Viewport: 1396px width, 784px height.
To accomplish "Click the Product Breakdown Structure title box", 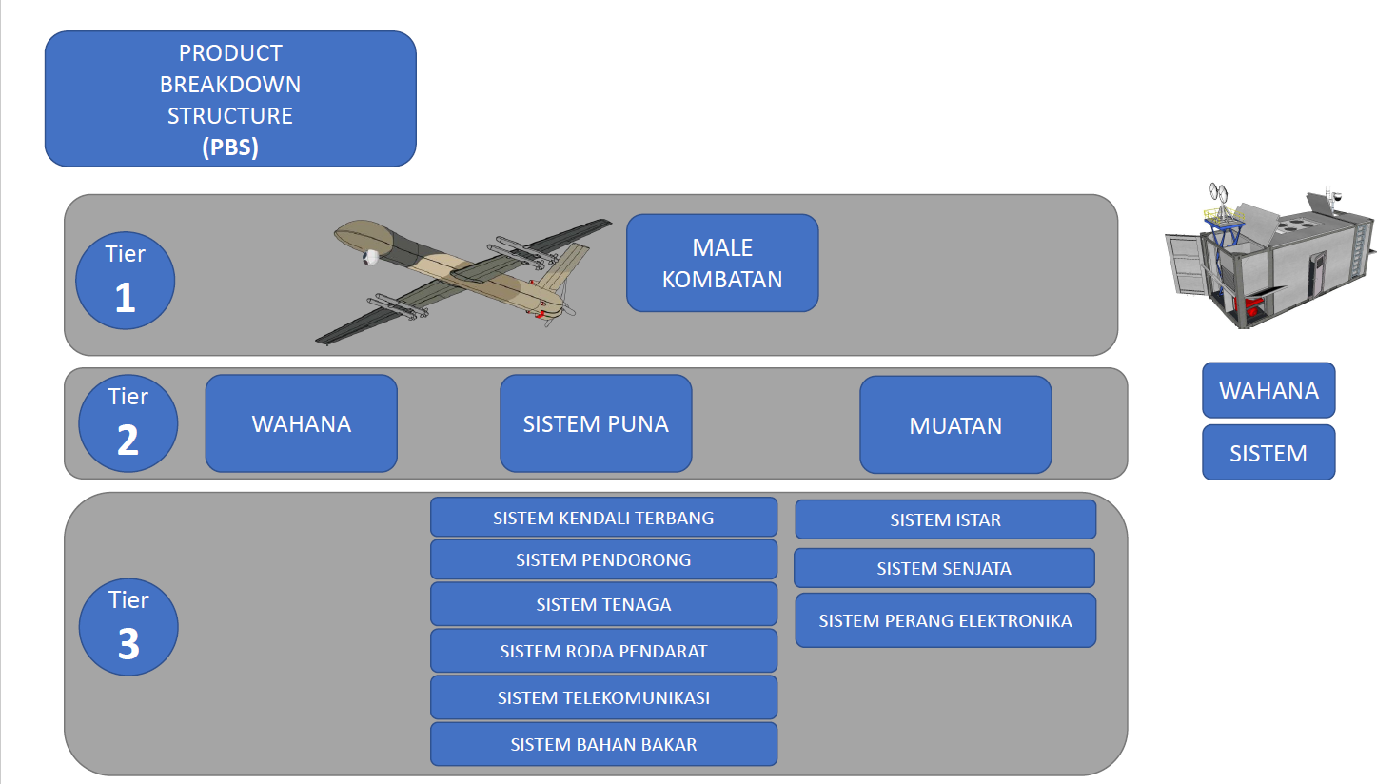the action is click(230, 99).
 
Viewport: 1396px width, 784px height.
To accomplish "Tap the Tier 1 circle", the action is click(126, 281).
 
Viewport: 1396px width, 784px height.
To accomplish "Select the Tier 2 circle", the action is click(128, 423).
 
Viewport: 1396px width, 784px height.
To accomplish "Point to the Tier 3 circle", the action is click(128, 627).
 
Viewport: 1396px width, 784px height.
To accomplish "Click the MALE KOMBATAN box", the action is click(722, 263).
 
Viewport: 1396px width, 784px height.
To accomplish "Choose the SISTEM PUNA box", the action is click(596, 423).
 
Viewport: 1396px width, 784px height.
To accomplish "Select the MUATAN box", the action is click(955, 425).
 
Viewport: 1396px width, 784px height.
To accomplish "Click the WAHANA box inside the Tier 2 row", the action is click(302, 423).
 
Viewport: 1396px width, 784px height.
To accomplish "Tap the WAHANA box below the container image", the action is click(1268, 390).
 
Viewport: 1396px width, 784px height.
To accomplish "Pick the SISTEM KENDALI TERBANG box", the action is click(604, 518).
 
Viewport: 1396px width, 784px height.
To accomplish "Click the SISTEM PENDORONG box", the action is click(604, 559).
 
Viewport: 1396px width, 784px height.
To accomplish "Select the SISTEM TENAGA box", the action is click(604, 604).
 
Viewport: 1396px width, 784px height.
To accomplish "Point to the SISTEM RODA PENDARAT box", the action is click(604, 651).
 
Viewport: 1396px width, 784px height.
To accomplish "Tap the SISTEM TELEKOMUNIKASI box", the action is click(604, 697).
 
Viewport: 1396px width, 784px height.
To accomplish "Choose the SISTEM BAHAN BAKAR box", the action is click(604, 744).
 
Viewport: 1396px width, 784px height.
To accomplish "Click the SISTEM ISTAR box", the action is click(945, 519).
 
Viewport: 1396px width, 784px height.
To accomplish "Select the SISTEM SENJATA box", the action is click(944, 568).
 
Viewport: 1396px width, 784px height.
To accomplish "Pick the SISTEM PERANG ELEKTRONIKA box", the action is click(945, 620).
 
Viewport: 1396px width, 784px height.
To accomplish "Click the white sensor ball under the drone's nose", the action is click(370, 257).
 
